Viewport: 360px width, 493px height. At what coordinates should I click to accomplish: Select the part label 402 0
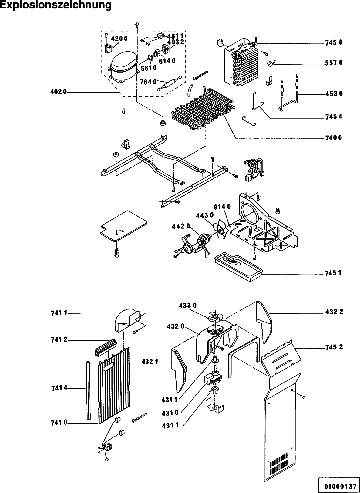(59, 92)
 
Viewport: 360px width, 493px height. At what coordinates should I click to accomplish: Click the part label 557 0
(334, 63)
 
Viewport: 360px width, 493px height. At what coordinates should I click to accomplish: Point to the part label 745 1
(333, 273)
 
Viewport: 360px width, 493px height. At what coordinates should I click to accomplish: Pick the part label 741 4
(59, 388)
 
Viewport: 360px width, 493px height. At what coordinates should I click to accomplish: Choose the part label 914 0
(223, 207)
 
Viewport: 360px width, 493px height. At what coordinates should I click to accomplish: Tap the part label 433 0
(188, 306)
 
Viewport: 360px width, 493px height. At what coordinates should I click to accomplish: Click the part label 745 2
(334, 347)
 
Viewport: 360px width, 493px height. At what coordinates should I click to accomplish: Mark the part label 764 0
(148, 82)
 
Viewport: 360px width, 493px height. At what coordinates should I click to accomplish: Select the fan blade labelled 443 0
(220, 230)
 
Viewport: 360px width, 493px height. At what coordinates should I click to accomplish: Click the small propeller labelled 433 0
(215, 317)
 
